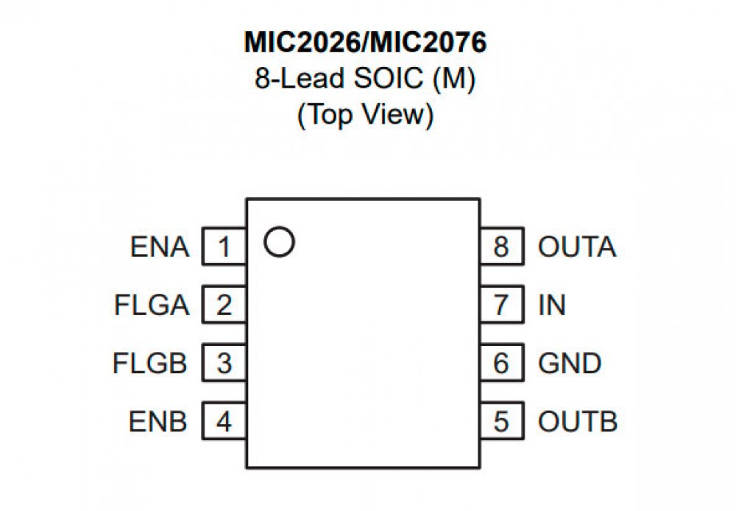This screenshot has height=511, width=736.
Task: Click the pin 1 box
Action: click(224, 247)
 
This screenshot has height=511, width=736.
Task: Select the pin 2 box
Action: click(224, 305)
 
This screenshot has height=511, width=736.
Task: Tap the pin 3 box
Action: click(224, 363)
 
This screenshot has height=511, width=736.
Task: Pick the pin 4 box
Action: click(224, 422)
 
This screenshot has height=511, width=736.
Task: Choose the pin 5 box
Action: click(501, 422)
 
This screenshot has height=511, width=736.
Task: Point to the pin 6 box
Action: click(501, 363)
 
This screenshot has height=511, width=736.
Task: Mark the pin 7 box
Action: click(501, 305)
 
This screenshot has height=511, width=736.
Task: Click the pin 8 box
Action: click(501, 247)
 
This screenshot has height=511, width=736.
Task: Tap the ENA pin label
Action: click(160, 247)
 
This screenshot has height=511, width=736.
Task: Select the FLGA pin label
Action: click(152, 306)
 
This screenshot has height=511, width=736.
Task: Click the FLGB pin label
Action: click(151, 364)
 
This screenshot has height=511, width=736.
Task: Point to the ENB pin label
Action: click(159, 423)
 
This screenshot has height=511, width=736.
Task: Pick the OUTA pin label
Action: click(576, 247)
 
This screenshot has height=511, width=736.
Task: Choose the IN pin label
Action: click(552, 306)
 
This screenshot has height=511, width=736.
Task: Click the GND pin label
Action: click(570, 364)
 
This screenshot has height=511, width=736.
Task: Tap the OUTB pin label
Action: click(577, 423)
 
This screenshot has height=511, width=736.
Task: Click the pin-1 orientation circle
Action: click(280, 242)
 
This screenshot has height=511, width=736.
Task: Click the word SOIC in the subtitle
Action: click(388, 79)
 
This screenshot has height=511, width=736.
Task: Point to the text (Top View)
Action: click(365, 115)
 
